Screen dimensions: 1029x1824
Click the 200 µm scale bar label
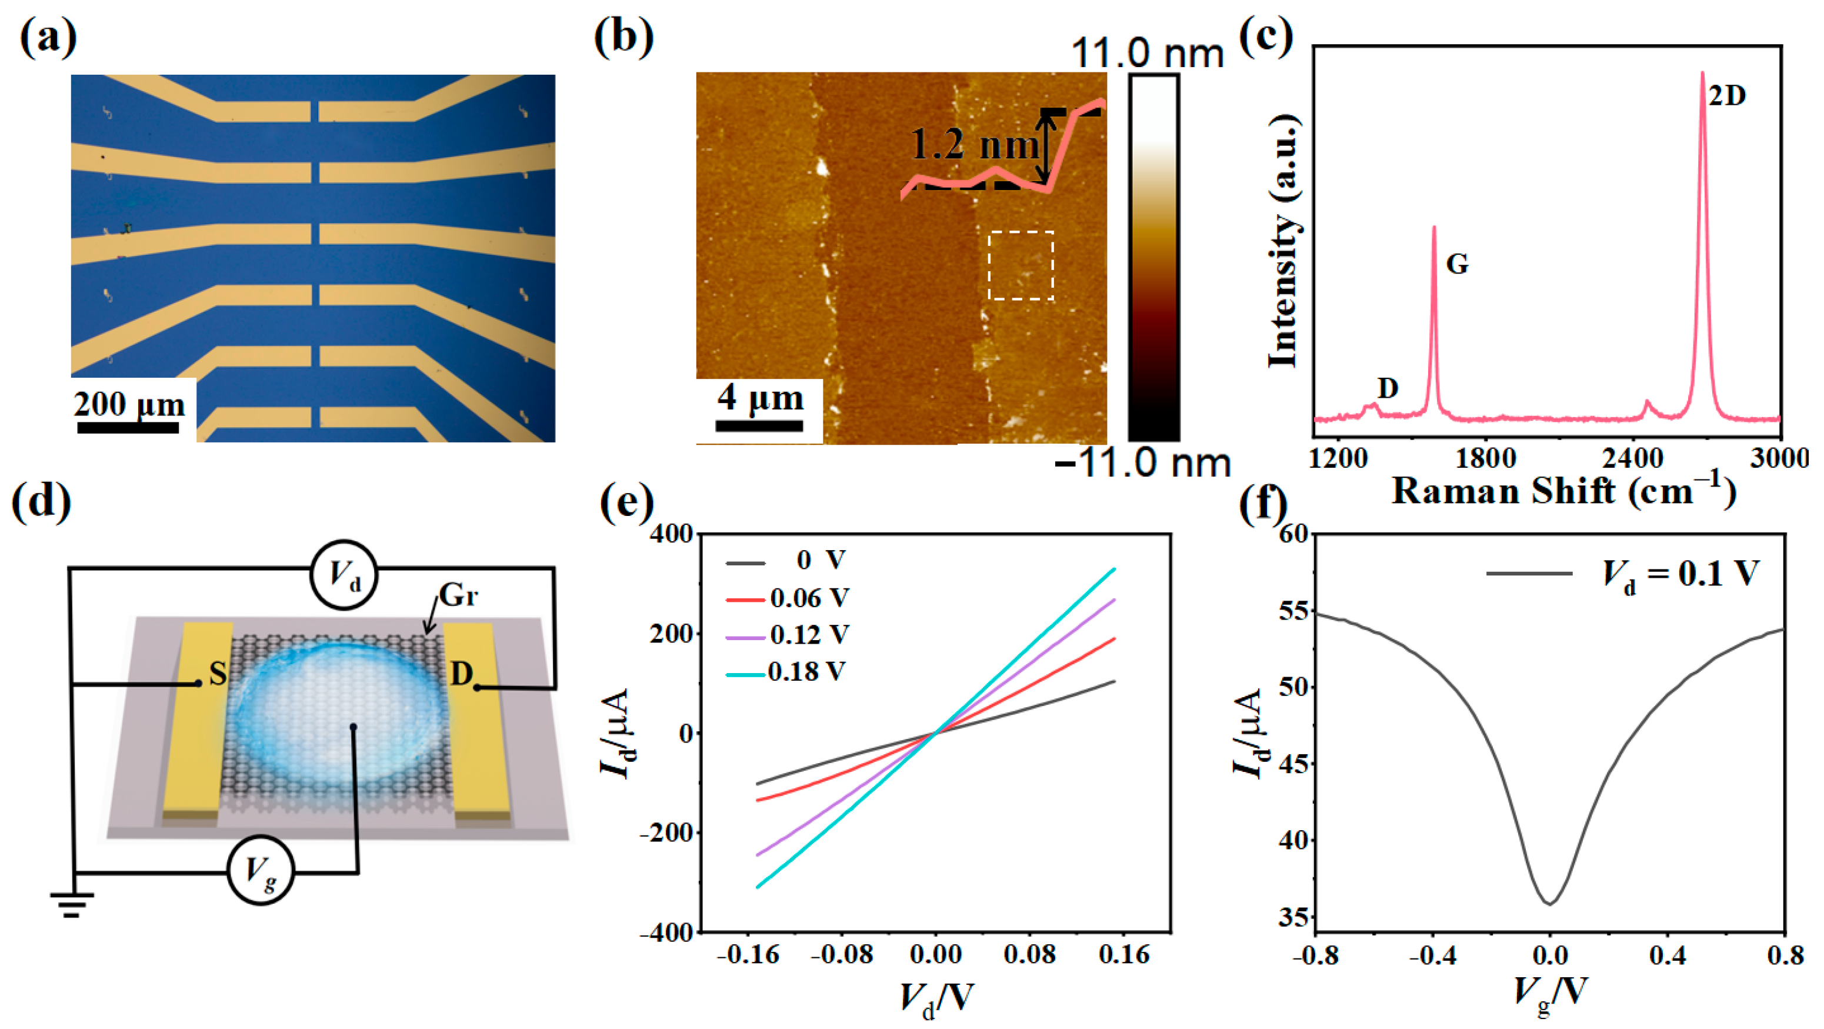[x=129, y=404]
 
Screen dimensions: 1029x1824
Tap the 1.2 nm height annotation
[x=974, y=145]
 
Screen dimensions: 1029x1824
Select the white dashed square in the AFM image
[x=1021, y=265]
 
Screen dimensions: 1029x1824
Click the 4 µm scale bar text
[x=760, y=398]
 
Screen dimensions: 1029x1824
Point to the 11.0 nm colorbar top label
[x=1147, y=53]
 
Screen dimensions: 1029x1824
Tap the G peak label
[x=1456, y=264]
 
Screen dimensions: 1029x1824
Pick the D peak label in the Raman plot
[x=1388, y=388]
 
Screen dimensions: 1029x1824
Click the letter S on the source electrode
[x=218, y=674]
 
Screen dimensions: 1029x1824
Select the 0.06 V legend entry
[x=808, y=598]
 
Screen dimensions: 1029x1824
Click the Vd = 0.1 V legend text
[x=1680, y=573]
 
